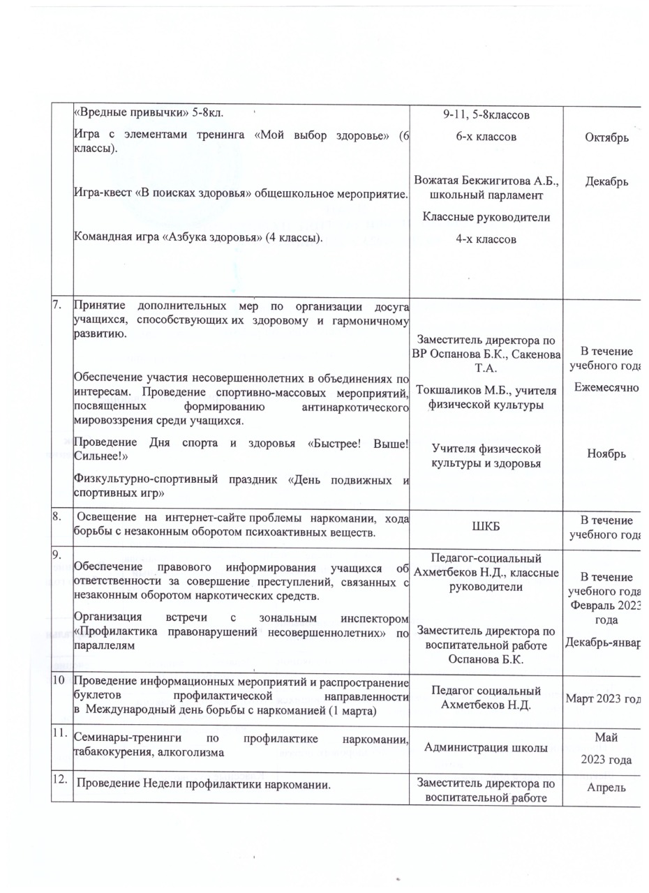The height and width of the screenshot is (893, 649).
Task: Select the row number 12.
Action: point(62,783)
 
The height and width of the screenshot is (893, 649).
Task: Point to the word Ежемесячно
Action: point(606,385)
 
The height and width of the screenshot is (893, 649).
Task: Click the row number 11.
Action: point(61,732)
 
